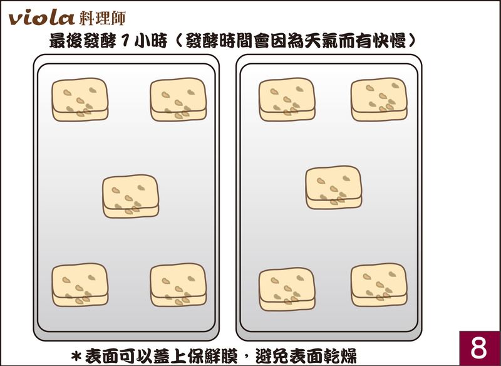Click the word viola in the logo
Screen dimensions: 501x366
coord(41,18)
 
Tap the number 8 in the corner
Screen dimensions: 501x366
coord(478,348)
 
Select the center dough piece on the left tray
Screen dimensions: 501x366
coord(131,196)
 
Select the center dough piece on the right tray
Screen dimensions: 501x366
coord(334,187)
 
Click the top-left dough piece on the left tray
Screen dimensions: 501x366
coord(80,100)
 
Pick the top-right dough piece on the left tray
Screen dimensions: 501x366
coord(178,100)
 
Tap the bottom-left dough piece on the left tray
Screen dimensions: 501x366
coord(80,285)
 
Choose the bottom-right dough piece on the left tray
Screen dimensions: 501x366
coord(178,285)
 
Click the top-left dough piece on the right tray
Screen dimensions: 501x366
coord(287,100)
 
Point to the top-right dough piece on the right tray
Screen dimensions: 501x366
coord(379,100)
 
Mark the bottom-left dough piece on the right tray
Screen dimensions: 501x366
coord(287,290)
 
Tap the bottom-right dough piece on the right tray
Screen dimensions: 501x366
coord(379,285)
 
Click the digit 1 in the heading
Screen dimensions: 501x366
coord(125,41)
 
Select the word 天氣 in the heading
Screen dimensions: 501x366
coord(321,41)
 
